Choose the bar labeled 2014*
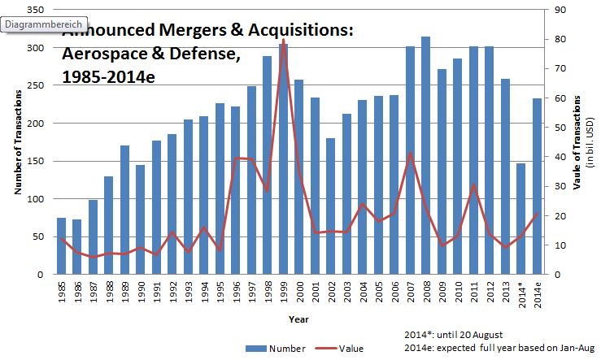[520, 219]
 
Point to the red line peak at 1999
[283, 40]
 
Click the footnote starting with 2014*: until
[454, 335]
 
